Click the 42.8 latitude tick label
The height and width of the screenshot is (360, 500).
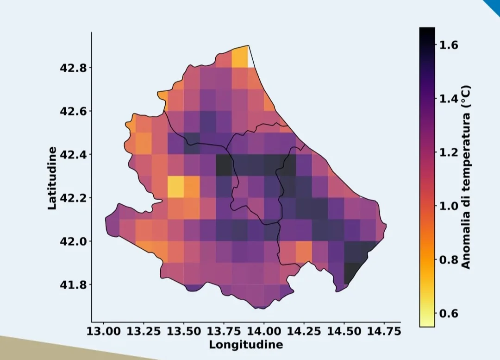pyautogui.click(x=73, y=68)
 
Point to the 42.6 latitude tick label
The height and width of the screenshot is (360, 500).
pyautogui.click(x=73, y=111)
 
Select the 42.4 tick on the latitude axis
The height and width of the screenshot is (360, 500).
pyautogui.click(x=73, y=155)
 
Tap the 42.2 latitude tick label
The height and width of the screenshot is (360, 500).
pyautogui.click(x=73, y=198)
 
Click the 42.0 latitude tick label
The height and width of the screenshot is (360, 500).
pyautogui.click(x=73, y=241)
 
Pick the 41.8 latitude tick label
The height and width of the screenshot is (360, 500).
pyautogui.click(x=73, y=284)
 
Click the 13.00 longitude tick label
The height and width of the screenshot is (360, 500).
pyautogui.click(x=104, y=332)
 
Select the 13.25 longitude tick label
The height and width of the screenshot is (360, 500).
pyautogui.click(x=144, y=332)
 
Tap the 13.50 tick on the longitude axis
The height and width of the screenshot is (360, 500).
pyautogui.click(x=184, y=332)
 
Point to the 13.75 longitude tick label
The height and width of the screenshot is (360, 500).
pyautogui.click(x=224, y=332)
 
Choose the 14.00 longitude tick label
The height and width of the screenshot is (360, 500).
pyautogui.click(x=264, y=332)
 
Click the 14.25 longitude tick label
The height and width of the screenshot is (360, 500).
pyautogui.click(x=304, y=332)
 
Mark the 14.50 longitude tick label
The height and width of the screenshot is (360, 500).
pyautogui.click(x=344, y=332)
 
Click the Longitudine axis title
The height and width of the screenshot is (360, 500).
pyautogui.click(x=245, y=345)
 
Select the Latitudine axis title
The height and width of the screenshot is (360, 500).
pyautogui.click(x=52, y=178)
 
